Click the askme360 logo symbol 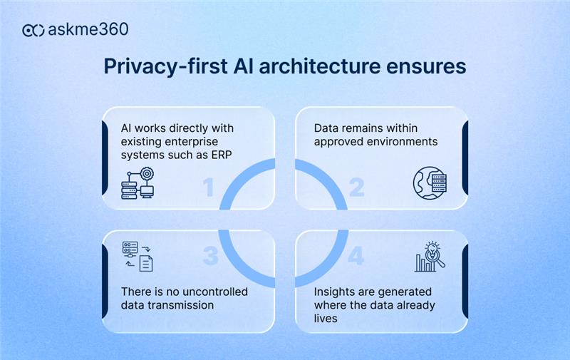coord(33,30)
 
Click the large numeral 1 coord(208,187)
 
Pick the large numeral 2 coord(356,187)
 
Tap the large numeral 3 coord(209,256)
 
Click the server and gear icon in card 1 coord(137,181)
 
